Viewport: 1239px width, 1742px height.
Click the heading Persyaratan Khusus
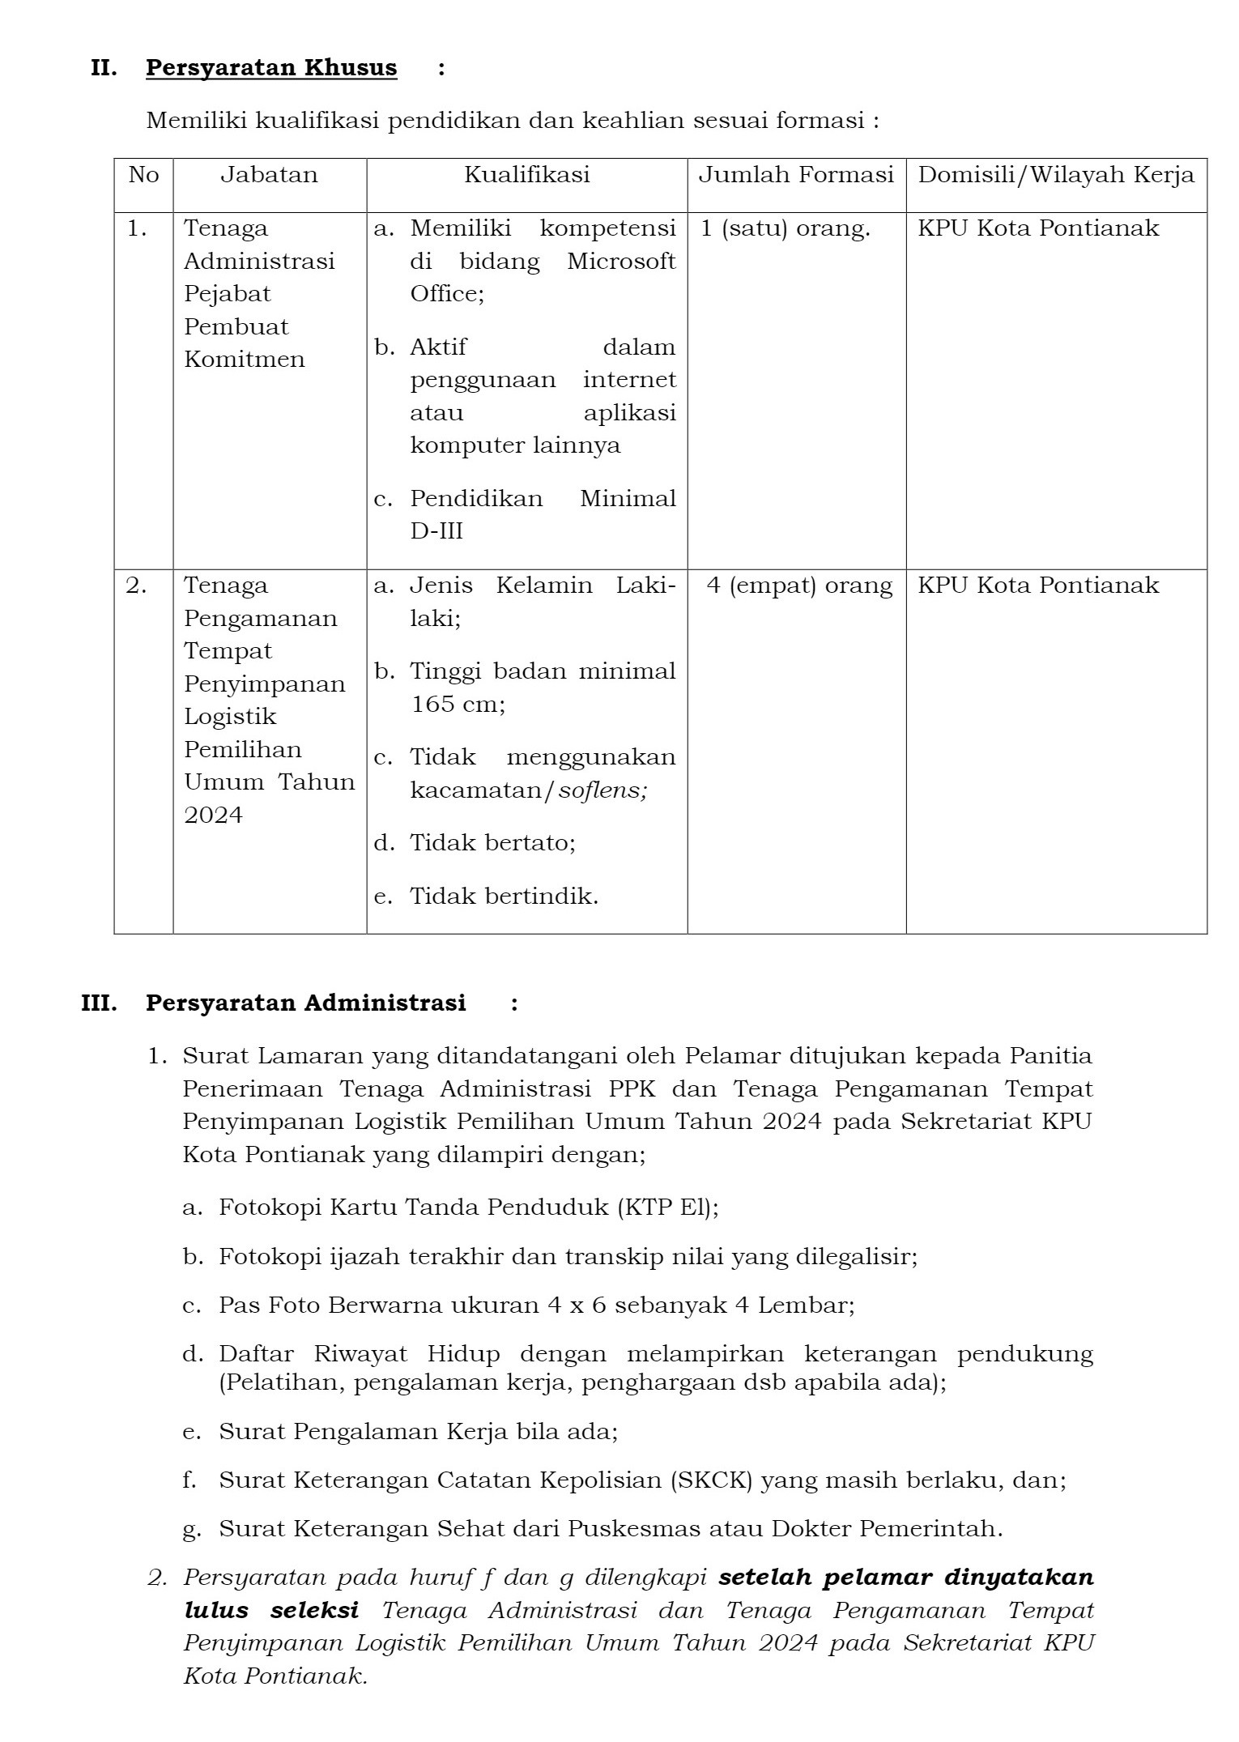(271, 68)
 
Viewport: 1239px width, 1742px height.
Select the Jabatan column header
(269, 175)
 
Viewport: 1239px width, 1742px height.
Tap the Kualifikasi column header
(526, 175)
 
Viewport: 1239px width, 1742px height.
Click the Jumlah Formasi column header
(796, 175)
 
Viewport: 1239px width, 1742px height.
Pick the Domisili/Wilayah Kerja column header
(1056, 175)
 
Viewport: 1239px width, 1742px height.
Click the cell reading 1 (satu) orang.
(785, 228)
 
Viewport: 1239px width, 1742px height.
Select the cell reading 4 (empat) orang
(799, 586)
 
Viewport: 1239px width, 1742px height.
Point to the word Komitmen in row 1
(244, 360)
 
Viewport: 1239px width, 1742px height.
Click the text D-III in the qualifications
(436, 531)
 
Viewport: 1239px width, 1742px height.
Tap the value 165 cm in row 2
(457, 704)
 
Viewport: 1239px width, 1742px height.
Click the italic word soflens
(602, 790)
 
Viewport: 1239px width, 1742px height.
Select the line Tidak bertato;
(492, 843)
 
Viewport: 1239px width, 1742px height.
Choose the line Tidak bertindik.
(504, 897)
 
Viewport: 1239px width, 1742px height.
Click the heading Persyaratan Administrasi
(305, 1003)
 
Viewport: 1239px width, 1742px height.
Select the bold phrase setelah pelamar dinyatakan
(906, 1578)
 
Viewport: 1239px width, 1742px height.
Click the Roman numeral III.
(99, 1003)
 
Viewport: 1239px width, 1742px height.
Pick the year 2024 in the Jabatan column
(213, 815)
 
